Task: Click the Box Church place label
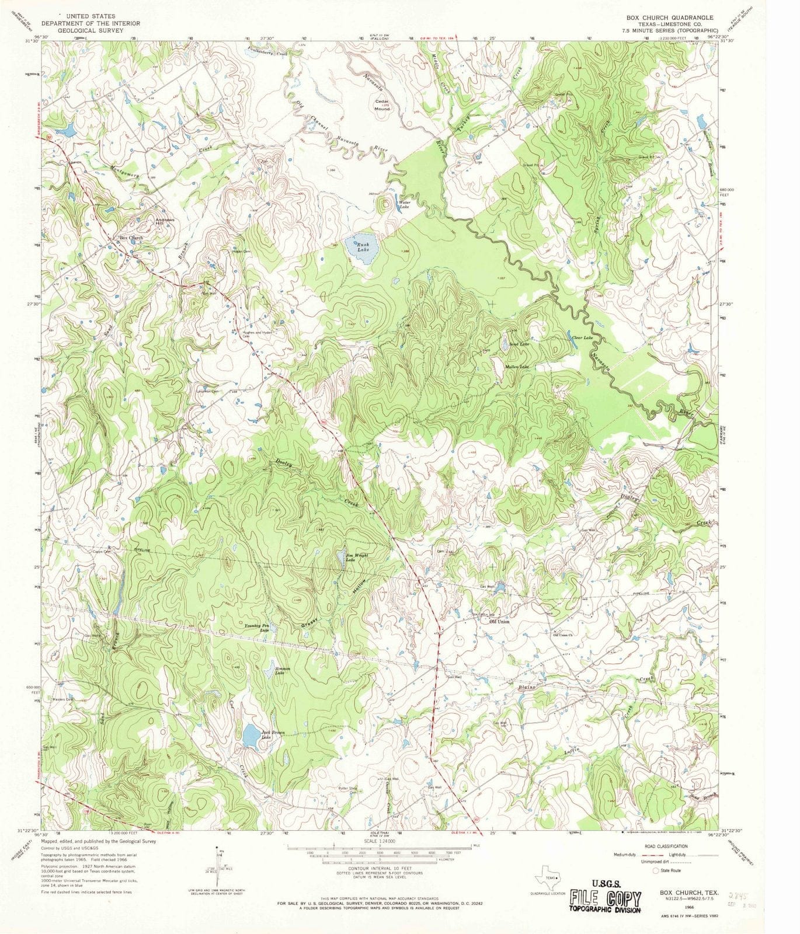coord(131,238)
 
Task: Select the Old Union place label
coord(499,622)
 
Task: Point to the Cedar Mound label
coord(382,105)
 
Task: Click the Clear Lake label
coord(582,338)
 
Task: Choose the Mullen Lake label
coord(517,367)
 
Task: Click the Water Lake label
coord(404,205)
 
